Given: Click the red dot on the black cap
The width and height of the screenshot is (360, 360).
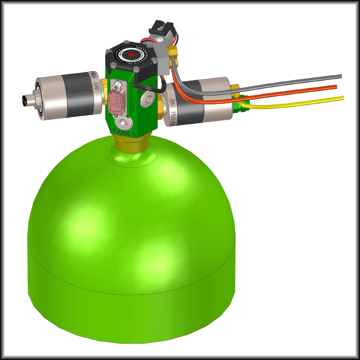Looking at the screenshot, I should point(131,55).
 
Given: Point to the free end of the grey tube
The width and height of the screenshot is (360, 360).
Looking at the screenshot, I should point(340,76).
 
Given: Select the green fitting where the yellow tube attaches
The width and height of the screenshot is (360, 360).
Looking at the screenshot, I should point(242,102).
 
